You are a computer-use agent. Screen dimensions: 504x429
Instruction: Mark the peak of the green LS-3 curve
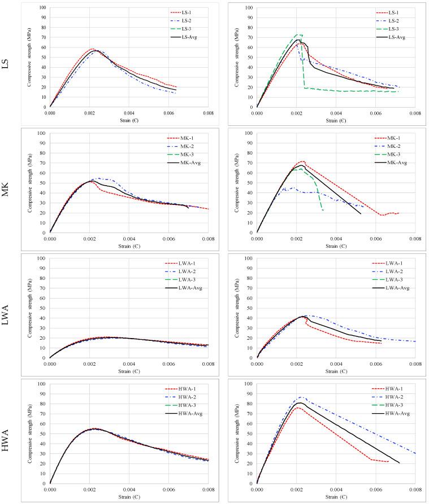299,34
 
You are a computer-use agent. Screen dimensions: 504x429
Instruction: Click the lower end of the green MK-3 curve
323,211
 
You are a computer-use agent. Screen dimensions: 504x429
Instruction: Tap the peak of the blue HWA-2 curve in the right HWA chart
300,397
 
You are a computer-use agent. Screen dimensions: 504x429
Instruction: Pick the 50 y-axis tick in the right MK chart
250,183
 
